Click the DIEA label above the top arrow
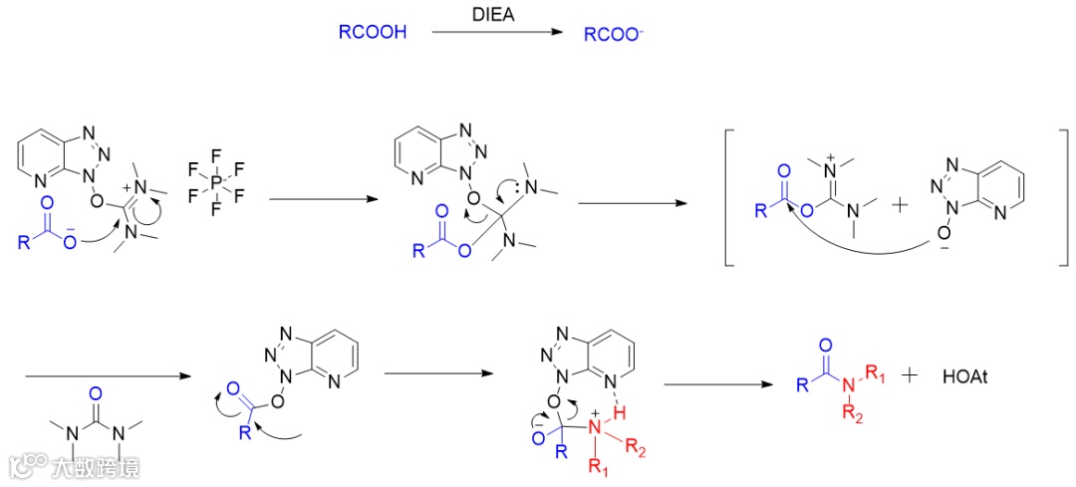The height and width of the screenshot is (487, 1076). pyautogui.click(x=495, y=14)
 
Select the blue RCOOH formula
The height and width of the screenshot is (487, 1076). pyautogui.click(x=373, y=34)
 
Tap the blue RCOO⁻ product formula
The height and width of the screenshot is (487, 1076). pyautogui.click(x=614, y=34)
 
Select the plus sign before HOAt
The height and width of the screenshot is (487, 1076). pyautogui.click(x=910, y=376)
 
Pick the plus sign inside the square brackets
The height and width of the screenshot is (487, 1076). pyautogui.click(x=899, y=207)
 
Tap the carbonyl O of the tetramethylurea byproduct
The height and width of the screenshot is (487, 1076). pyautogui.click(x=97, y=406)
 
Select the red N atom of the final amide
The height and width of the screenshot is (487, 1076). pyautogui.click(x=848, y=386)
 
